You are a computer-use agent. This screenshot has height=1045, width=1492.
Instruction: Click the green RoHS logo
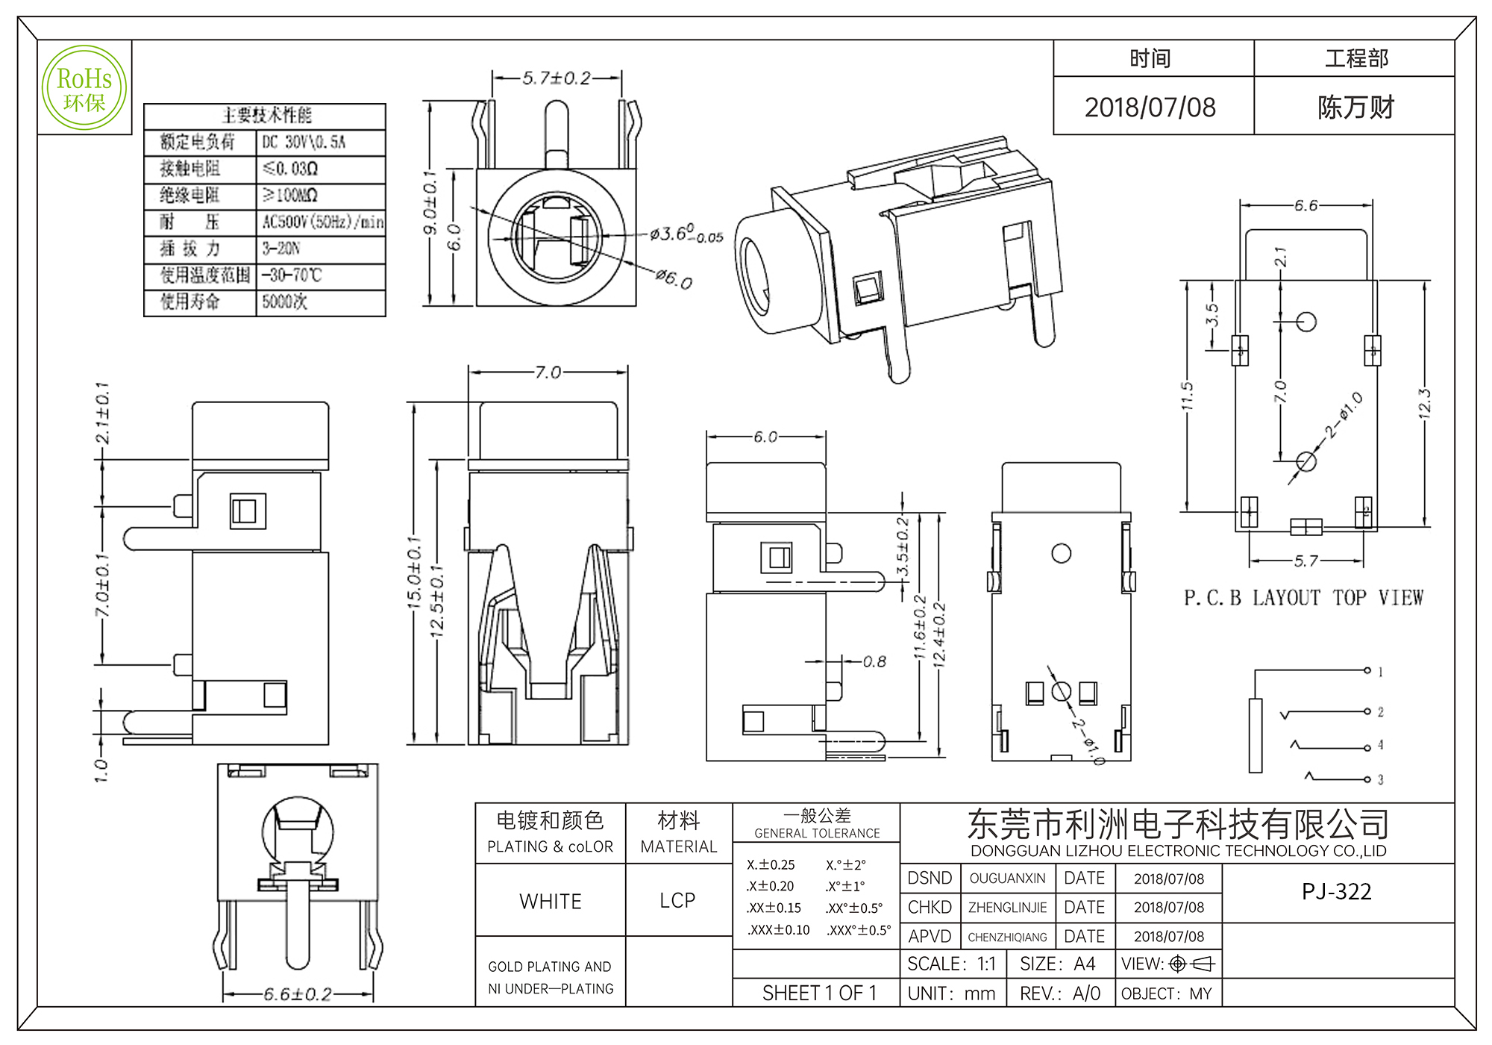point(84,87)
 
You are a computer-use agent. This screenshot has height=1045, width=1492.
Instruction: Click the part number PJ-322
point(1336,891)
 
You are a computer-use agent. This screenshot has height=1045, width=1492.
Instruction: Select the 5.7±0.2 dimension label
point(556,78)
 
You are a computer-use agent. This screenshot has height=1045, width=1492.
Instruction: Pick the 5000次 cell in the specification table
point(284,302)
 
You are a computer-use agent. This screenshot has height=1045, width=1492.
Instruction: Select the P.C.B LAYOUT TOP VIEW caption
point(1303,598)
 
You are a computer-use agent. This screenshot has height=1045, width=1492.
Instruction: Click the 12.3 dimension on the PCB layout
point(1424,403)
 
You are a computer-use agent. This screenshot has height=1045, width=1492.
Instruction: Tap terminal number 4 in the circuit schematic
point(1380,745)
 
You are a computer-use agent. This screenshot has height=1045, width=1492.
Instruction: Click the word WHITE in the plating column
point(551,901)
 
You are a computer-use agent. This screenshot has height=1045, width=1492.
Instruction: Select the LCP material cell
point(677,900)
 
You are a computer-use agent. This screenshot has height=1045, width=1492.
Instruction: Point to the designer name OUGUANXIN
point(1007,879)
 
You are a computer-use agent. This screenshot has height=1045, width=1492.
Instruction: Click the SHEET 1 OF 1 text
point(819,993)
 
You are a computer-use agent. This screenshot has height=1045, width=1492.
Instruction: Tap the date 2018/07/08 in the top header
point(1150,107)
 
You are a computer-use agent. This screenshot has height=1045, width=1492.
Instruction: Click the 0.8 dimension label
point(874,661)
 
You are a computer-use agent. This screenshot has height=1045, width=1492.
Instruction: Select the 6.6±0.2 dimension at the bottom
point(298,994)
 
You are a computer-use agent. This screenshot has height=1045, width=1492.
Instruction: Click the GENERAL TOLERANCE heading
point(817,833)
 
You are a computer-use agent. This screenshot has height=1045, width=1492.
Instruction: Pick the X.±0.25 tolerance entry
point(771,864)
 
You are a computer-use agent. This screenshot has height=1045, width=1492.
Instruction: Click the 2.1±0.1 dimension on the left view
point(102,413)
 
